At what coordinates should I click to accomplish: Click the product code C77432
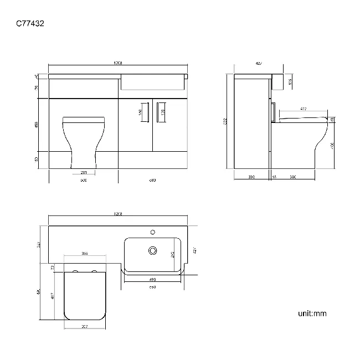(31, 23)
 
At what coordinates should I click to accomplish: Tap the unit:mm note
(312, 313)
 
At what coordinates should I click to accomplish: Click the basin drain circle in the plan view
(152, 251)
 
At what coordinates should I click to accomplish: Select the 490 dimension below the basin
(152, 280)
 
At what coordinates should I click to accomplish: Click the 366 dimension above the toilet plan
(85, 254)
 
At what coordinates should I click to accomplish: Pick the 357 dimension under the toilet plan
(85, 326)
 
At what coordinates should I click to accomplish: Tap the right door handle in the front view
(157, 111)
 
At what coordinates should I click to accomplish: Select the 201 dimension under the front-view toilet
(85, 172)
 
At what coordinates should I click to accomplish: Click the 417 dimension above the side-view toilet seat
(303, 109)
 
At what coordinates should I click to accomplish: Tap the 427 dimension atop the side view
(259, 64)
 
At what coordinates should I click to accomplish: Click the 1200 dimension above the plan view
(118, 213)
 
